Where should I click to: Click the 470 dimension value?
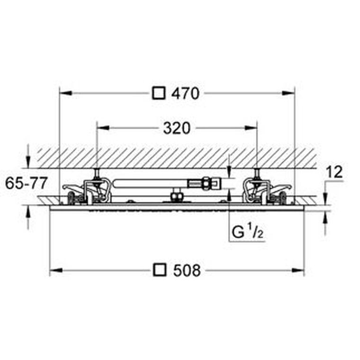click(186, 93)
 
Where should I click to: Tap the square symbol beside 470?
click(158, 93)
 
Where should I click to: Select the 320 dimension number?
click(177, 128)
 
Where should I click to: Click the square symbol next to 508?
click(160, 270)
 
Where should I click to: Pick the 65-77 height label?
click(27, 183)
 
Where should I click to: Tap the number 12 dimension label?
click(334, 172)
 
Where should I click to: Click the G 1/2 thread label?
click(248, 232)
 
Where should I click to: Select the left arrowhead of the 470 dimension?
click(66, 93)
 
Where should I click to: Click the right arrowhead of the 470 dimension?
click(288, 93)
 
